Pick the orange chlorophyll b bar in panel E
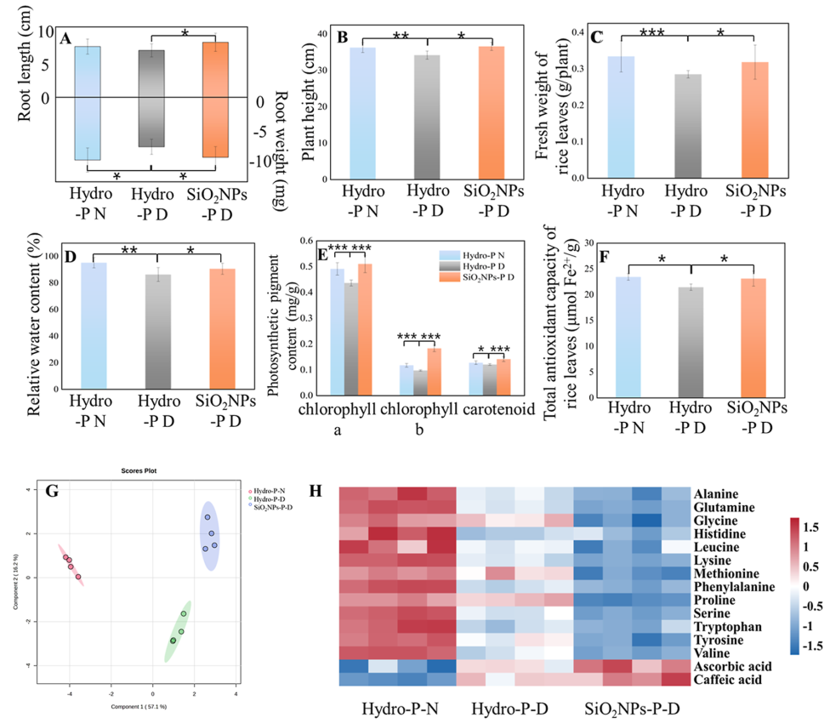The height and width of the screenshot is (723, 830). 435,372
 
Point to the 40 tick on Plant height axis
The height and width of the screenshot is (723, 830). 321,33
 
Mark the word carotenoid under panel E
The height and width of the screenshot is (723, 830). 500,410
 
